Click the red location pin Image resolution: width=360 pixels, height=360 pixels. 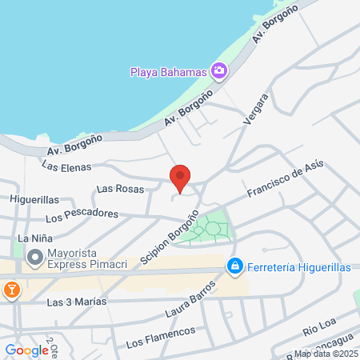(181, 178)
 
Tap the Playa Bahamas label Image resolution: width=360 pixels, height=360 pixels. (169, 72)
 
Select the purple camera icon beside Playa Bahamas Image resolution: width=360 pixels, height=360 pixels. (218, 71)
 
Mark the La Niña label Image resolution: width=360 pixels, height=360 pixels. (35, 238)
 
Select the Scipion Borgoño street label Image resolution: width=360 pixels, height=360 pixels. (168, 237)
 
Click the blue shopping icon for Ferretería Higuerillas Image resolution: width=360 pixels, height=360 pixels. (234, 266)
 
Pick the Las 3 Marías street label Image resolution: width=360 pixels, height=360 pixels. (77, 302)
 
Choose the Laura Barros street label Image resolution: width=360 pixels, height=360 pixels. (192, 297)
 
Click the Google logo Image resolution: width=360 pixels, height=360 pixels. (26, 350)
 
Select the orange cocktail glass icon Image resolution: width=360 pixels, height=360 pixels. (10, 290)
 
